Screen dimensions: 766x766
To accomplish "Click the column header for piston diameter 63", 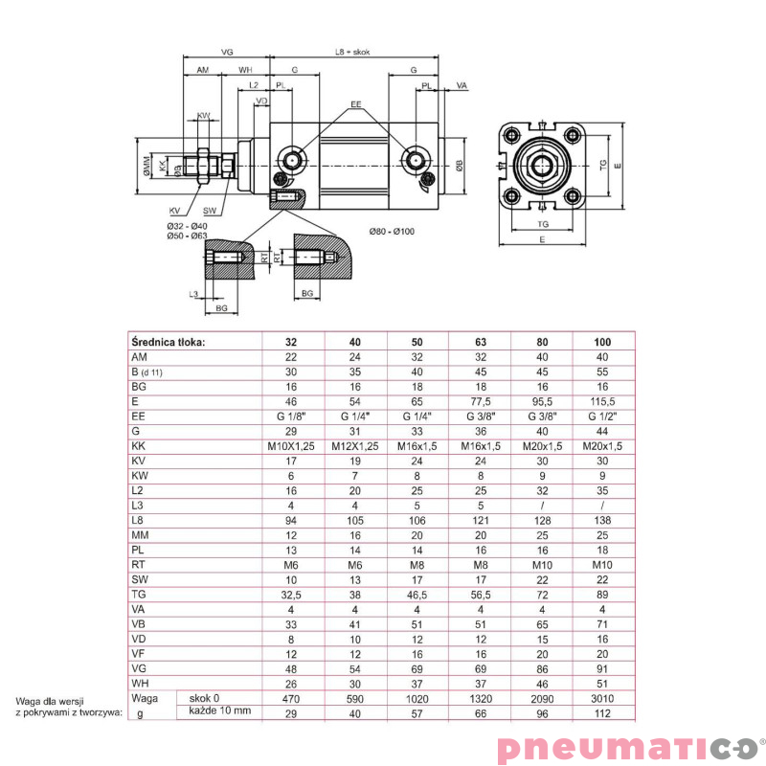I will pyautogui.click(x=480, y=342).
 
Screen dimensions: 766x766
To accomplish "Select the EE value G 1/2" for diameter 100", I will pyautogui.click(x=603, y=417).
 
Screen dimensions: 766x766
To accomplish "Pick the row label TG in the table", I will pyautogui.click(x=138, y=594).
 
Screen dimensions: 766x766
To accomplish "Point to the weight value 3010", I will pyautogui.click(x=603, y=699).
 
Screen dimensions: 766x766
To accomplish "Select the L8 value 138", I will pyautogui.click(x=603, y=520).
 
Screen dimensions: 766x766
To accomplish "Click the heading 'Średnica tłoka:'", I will pyautogui.click(x=168, y=342).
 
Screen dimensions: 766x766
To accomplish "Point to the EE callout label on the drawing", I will pyautogui.click(x=355, y=103).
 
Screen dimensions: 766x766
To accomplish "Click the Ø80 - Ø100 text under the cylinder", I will pyautogui.click(x=393, y=231).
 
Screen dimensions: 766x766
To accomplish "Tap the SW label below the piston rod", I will pyautogui.click(x=209, y=212).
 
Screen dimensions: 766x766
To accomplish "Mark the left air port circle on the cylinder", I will pyautogui.click(x=290, y=159).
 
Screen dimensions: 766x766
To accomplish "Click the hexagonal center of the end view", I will pyautogui.click(x=542, y=165).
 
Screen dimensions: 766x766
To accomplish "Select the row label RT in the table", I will pyautogui.click(x=138, y=565).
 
